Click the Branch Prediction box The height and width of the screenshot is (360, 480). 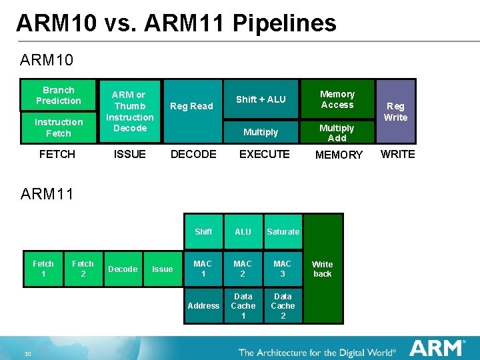58,95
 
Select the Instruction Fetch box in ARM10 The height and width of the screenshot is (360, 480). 58,127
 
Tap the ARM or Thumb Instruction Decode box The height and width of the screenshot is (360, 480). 129,111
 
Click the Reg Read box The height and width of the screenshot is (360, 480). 191,107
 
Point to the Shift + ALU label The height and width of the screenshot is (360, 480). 261,99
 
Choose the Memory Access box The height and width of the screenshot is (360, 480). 337,99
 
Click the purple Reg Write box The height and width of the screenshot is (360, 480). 395,111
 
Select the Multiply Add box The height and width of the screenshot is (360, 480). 337,133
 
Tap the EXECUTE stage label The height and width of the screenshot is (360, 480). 264,154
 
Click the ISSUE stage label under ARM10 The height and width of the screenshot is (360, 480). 129,154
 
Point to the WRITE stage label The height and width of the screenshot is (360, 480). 397,154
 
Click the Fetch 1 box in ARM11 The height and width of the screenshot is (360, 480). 43,269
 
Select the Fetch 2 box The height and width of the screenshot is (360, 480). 83,269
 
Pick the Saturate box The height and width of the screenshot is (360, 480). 283,231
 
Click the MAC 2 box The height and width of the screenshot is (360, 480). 243,269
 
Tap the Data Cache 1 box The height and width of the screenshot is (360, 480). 243,305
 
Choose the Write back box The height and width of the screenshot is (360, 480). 323,269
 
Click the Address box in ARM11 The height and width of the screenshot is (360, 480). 203,305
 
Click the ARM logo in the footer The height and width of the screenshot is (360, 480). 437,348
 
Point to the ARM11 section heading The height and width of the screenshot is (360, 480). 47,194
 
